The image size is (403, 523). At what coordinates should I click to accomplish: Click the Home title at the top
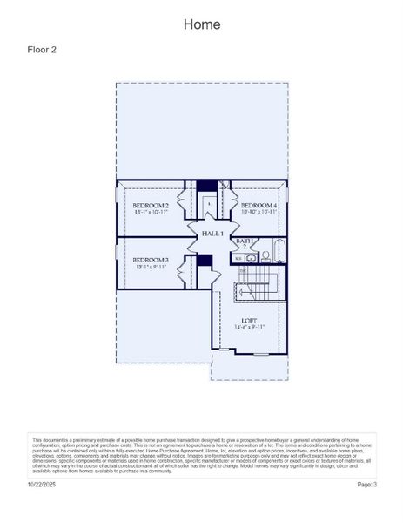[201, 24]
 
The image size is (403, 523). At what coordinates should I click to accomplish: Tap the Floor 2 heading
[43, 50]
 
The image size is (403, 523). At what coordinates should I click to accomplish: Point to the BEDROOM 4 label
[259, 205]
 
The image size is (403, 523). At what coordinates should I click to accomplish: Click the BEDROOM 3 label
[150, 260]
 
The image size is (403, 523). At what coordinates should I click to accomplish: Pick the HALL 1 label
[213, 234]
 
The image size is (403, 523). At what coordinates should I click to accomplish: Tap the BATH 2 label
[245, 243]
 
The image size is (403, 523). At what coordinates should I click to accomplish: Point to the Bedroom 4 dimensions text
[259, 212]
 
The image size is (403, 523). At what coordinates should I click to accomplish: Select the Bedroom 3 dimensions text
[150, 267]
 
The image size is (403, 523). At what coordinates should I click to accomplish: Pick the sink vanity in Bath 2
[250, 258]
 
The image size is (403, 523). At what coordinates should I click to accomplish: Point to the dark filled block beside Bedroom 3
[204, 260]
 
